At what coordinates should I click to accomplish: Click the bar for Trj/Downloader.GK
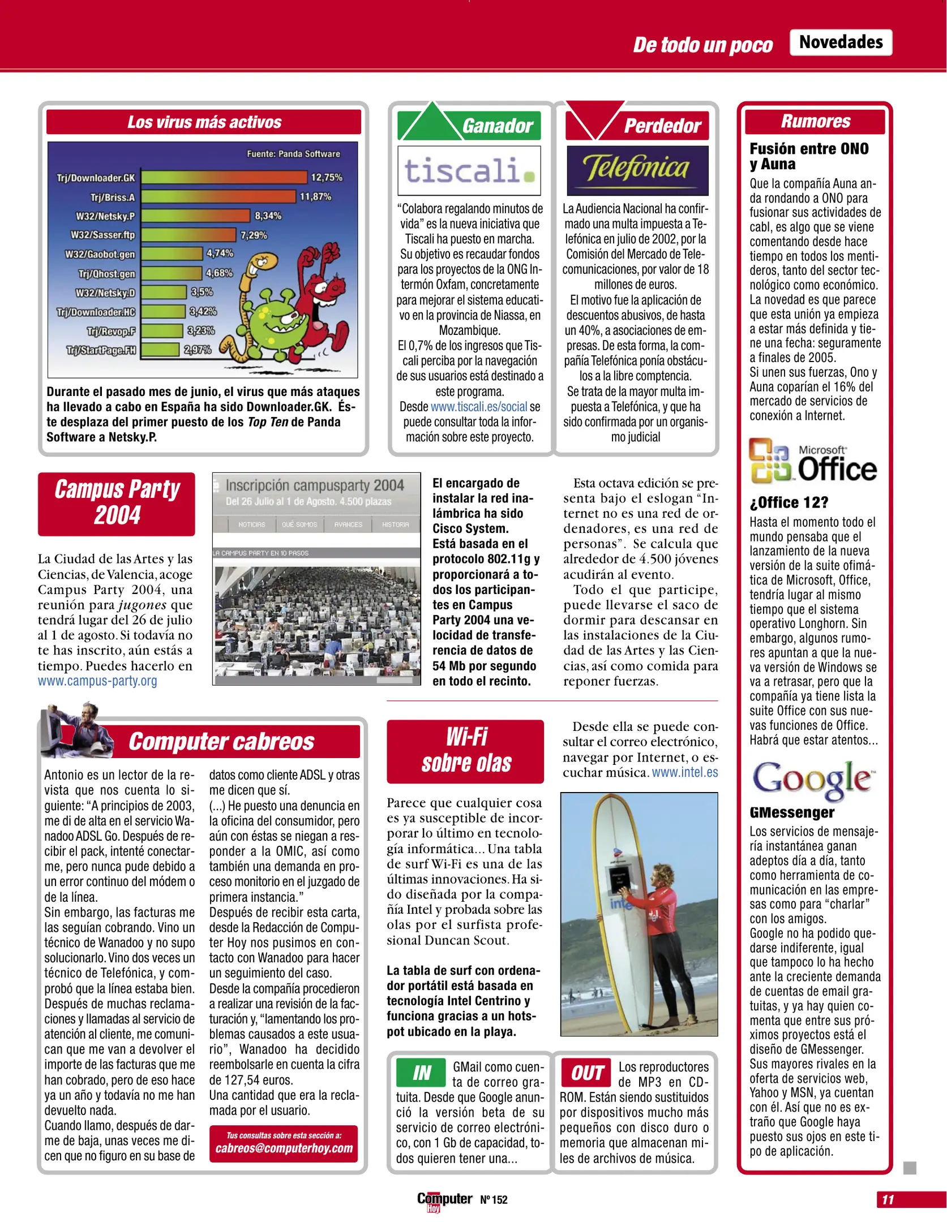pos(224,178)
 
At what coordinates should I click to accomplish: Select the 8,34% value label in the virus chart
pos(268,216)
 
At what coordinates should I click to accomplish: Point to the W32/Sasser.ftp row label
pos(102,235)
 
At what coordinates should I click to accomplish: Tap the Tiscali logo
pos(469,170)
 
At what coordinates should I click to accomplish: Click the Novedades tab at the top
pos(841,42)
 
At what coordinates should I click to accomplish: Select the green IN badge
pos(421,1072)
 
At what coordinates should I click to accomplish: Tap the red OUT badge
pos(586,1072)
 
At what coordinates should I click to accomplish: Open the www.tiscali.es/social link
pos(478,407)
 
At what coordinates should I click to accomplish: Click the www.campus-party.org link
pos(97,681)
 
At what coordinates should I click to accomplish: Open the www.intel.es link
pos(685,773)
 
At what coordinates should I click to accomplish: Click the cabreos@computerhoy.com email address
pos(284,1148)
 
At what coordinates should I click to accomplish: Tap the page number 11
pos(888,1199)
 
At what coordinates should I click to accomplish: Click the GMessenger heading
pos(792,812)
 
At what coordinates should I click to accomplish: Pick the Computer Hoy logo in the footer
pos(444,1201)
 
